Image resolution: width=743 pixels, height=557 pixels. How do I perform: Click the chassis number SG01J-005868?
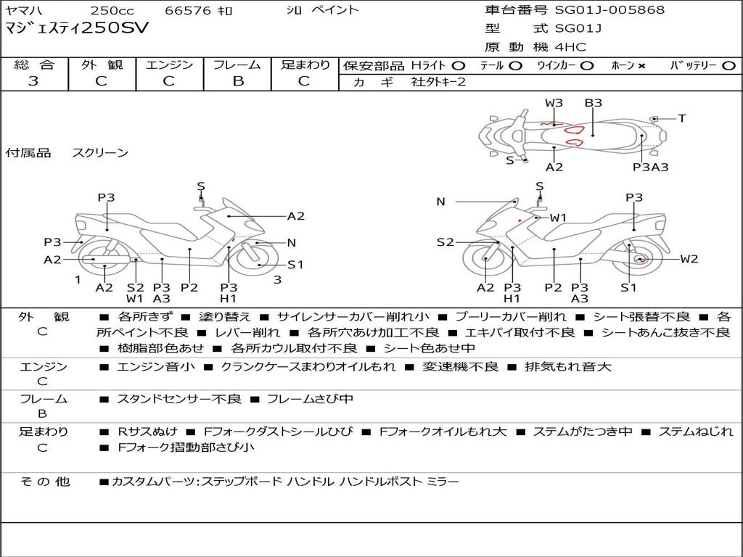(x=609, y=10)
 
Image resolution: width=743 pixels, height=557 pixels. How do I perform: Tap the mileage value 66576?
(x=188, y=11)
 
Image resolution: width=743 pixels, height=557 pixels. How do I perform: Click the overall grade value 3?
(x=33, y=81)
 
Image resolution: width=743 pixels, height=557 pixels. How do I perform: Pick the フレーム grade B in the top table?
(x=237, y=81)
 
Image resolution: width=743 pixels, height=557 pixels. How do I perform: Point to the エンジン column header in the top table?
(x=169, y=65)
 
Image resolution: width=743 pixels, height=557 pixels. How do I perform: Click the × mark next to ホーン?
(x=641, y=66)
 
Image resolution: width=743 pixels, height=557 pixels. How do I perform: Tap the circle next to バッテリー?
(x=728, y=66)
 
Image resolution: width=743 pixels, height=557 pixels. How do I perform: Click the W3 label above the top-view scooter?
(x=554, y=103)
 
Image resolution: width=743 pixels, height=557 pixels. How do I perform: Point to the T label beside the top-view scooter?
(x=682, y=118)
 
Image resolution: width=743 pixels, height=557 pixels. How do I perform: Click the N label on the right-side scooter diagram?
(x=440, y=202)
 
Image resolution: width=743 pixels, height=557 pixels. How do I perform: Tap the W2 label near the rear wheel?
(x=689, y=259)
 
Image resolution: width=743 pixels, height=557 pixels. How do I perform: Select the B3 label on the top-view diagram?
(x=593, y=103)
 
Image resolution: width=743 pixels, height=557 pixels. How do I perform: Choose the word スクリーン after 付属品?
(x=100, y=153)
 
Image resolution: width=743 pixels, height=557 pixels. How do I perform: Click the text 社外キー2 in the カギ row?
(x=438, y=82)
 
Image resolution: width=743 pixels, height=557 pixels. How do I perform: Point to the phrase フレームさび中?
(x=310, y=399)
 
